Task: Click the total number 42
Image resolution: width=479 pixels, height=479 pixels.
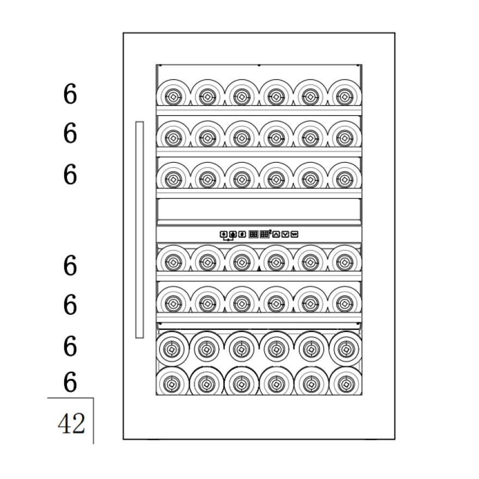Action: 71,423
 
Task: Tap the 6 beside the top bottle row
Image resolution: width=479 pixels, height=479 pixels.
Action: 70,94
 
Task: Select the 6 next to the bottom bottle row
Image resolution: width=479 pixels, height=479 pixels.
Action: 70,382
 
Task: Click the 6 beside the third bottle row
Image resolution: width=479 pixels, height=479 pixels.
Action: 70,174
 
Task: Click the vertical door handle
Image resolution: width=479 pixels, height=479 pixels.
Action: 139,230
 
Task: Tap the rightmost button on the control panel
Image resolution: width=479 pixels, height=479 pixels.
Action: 294,234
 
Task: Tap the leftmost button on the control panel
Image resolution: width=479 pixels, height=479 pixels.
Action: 224,234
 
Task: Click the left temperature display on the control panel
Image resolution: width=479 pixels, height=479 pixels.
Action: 253,234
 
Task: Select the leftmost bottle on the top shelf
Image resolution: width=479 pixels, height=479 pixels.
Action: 173,93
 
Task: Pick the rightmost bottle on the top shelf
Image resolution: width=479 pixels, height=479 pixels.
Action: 345,93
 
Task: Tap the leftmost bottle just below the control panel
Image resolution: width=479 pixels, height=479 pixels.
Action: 173,259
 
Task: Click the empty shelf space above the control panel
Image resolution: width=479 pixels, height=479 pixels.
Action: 259,209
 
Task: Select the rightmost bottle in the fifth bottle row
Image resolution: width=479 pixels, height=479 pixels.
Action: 345,300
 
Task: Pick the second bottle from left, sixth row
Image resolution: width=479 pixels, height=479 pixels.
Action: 206,348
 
